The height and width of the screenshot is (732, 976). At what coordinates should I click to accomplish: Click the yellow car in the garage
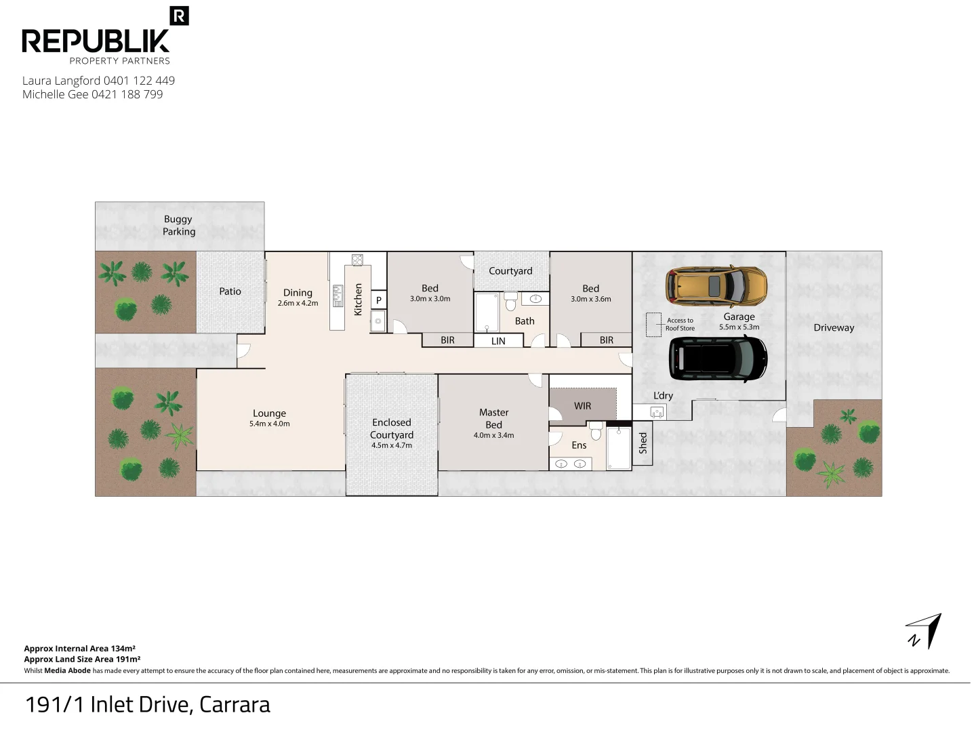(x=716, y=286)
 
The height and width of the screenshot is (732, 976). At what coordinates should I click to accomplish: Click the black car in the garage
(x=718, y=359)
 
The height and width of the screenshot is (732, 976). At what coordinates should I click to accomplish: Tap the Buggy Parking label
(x=179, y=225)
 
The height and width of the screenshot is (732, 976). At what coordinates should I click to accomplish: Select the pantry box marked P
(x=378, y=300)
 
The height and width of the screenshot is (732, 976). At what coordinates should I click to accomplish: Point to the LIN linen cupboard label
(x=498, y=341)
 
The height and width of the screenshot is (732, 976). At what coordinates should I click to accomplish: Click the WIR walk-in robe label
(x=582, y=406)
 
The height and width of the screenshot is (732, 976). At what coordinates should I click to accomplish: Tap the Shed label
(x=643, y=443)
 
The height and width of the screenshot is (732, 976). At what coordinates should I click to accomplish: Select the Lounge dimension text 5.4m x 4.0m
(x=270, y=424)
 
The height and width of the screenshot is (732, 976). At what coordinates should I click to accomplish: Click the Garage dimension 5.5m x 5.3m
(x=739, y=327)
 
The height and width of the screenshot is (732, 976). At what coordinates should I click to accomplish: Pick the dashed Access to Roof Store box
(x=653, y=325)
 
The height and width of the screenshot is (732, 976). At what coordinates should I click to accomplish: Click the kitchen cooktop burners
(x=357, y=260)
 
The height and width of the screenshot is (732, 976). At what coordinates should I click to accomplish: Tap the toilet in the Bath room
(x=510, y=301)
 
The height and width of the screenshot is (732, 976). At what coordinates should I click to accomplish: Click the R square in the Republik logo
(x=179, y=16)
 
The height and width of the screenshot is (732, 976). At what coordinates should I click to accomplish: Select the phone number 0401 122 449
(x=139, y=81)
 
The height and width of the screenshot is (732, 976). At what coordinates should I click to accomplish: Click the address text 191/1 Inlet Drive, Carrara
(x=148, y=705)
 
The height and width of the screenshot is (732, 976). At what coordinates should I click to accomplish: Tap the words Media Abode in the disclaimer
(x=67, y=671)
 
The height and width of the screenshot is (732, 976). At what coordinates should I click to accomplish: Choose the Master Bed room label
(x=493, y=419)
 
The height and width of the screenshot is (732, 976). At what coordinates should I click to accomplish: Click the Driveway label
(x=834, y=328)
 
